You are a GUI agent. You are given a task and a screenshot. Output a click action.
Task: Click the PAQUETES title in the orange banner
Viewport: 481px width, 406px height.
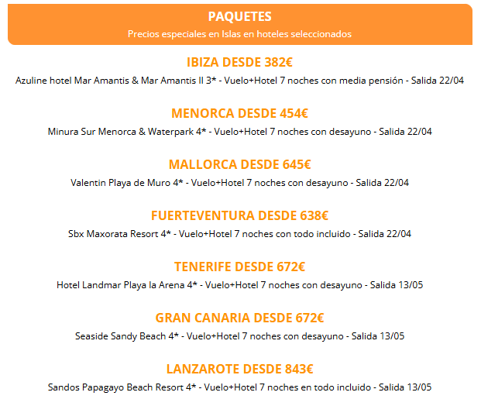pos(239,16)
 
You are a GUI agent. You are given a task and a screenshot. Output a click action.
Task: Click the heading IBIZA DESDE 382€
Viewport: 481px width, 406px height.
pos(239,62)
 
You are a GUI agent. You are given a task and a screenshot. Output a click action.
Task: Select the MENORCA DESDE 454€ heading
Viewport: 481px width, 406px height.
pos(239,113)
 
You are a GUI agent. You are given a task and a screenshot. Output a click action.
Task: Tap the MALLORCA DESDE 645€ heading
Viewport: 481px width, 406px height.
pos(239,164)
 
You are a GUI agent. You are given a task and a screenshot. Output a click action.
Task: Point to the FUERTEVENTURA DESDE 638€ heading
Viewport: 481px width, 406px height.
pos(239,215)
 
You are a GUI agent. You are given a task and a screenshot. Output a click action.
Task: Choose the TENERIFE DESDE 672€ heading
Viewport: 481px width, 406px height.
pos(239,267)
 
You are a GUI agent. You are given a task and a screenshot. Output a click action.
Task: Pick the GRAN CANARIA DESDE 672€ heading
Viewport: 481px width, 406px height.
pos(239,318)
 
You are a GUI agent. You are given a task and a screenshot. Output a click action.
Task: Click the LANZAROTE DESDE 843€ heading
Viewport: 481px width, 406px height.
pos(239,369)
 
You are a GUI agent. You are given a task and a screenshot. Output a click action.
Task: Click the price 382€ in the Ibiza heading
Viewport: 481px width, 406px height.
pos(278,62)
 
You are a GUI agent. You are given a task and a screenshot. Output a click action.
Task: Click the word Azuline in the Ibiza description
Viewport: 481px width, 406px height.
pos(32,80)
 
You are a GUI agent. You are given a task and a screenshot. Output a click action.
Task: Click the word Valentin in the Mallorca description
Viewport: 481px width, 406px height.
pos(88,183)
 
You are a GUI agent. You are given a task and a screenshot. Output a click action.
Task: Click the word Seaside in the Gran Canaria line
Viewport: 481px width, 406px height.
pos(92,335)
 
